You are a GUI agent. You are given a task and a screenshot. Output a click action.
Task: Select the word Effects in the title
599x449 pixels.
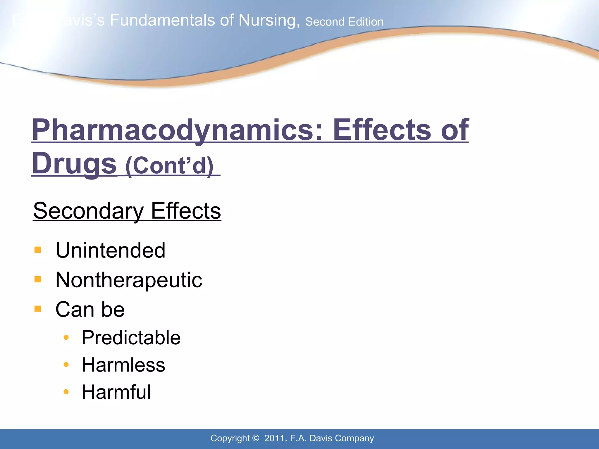click(382, 130)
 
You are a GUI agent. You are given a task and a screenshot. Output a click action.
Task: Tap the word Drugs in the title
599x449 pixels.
click(74, 164)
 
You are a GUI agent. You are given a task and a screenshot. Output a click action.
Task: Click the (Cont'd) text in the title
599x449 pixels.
click(169, 165)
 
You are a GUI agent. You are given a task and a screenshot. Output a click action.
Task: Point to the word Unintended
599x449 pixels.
click(111, 251)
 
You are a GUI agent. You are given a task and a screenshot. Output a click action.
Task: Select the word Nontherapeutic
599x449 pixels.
click(129, 280)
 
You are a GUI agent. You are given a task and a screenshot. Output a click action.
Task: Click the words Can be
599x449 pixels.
click(90, 310)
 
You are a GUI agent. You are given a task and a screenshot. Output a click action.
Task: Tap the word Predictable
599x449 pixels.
click(131, 338)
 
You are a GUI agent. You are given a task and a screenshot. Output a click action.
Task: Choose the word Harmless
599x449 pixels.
click(123, 365)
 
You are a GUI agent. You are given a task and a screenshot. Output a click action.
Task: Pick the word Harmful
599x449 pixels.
click(116, 392)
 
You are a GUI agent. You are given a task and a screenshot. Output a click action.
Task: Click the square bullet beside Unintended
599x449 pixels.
click(38, 250)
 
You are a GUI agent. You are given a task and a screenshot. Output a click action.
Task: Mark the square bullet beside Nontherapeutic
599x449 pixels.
click(38, 279)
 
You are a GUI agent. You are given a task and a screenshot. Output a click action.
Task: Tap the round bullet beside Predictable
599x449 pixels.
click(66, 338)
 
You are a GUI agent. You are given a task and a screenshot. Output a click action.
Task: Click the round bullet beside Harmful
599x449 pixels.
click(66, 392)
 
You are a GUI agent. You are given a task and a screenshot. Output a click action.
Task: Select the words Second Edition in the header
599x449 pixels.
click(344, 22)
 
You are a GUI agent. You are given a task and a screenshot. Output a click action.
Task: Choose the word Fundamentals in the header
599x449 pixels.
click(163, 20)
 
